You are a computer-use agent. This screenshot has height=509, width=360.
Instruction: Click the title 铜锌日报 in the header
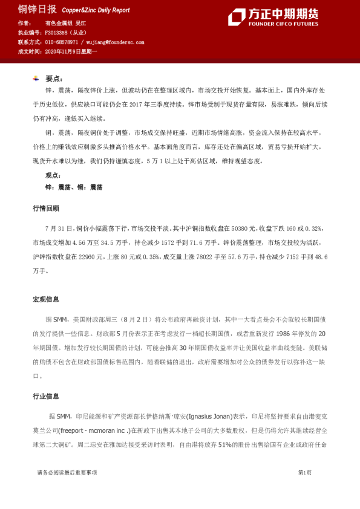(37, 10)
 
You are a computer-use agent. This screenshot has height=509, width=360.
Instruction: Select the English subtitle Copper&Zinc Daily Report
(96, 11)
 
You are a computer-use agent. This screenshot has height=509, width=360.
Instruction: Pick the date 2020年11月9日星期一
(71, 52)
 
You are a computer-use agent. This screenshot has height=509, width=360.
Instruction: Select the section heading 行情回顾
(45, 208)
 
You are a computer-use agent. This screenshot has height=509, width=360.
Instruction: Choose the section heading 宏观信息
(45, 299)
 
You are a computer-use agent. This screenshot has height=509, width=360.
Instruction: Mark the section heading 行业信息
(45, 397)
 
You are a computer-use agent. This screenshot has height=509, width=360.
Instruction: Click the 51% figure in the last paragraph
(226, 446)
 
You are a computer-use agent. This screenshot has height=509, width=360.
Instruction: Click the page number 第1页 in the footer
(304, 472)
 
